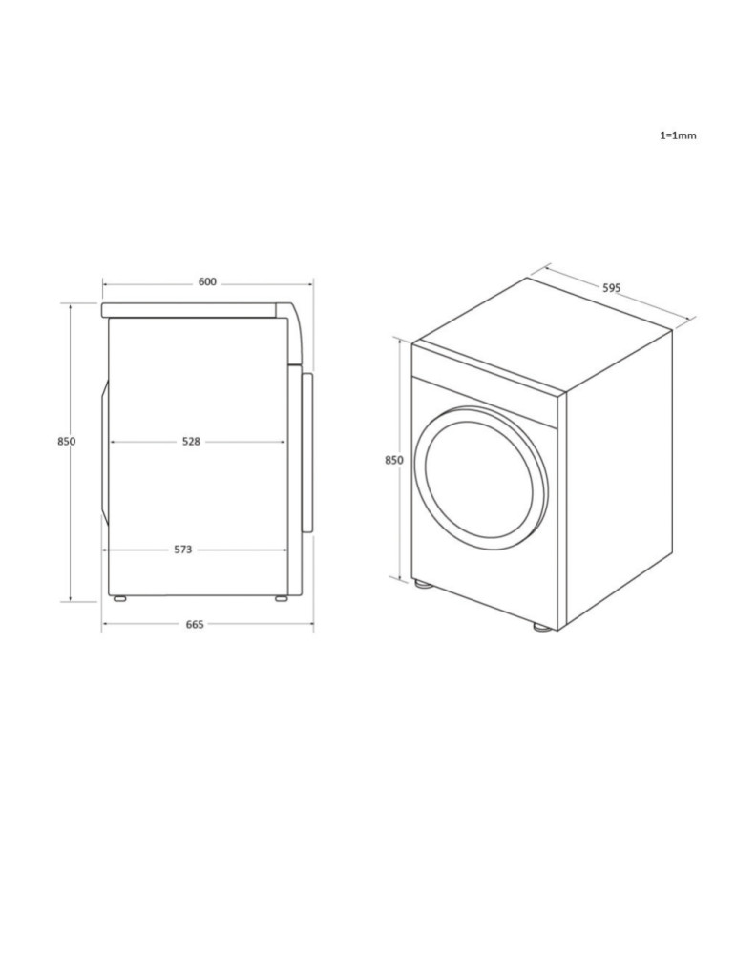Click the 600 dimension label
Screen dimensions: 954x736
click(207, 282)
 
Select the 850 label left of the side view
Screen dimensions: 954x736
click(66, 442)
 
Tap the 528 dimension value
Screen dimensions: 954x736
click(191, 442)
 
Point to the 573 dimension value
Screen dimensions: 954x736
click(183, 550)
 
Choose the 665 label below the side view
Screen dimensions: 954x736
click(195, 625)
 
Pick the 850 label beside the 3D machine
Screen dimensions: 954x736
click(393, 460)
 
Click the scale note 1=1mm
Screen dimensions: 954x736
click(678, 135)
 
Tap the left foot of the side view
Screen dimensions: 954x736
click(119, 599)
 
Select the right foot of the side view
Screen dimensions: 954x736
click(281, 599)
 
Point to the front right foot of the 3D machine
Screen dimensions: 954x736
click(541, 627)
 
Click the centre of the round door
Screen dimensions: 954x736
click(485, 478)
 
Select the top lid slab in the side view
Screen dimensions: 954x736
click(191, 310)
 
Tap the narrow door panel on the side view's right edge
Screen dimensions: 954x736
click(307, 452)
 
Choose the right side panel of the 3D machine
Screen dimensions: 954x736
click(619, 477)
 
